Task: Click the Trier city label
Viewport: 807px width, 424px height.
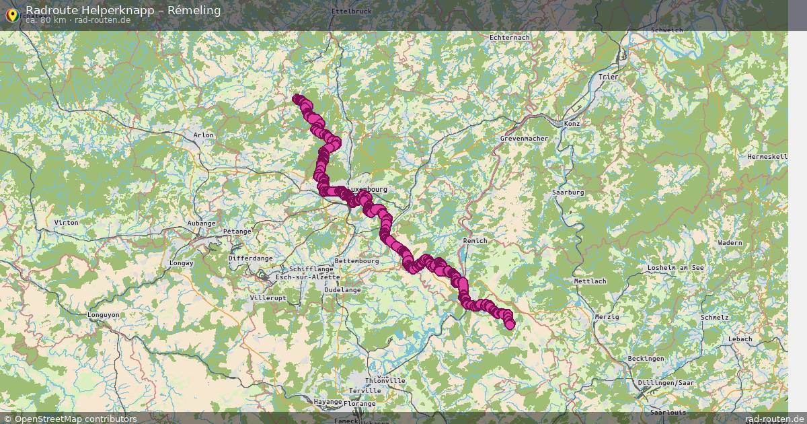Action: [608, 77]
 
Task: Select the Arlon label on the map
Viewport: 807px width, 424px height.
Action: [203, 135]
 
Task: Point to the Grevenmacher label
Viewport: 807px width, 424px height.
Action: [524, 139]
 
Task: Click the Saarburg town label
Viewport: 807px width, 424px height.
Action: [568, 192]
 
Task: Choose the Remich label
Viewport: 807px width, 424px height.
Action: [475, 241]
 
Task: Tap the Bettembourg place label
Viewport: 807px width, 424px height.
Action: [357, 261]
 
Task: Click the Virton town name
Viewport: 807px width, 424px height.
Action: [66, 222]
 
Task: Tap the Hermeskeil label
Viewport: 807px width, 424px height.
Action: [767, 157]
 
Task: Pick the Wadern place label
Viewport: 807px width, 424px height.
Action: [730, 243]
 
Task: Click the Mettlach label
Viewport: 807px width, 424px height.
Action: [590, 281]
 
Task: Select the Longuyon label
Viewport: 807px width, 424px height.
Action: [103, 314]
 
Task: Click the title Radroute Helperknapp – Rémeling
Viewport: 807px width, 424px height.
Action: [123, 9]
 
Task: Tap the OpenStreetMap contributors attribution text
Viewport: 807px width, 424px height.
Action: [75, 419]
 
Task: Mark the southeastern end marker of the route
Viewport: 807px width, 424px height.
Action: [510, 324]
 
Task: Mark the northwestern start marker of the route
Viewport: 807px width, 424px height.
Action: [297, 99]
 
